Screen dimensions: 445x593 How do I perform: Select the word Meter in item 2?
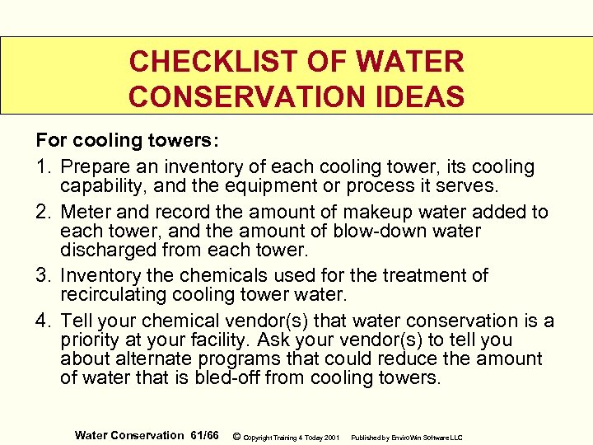point(87,212)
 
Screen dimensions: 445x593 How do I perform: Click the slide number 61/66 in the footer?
point(203,435)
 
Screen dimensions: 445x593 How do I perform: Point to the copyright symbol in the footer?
point(236,435)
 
